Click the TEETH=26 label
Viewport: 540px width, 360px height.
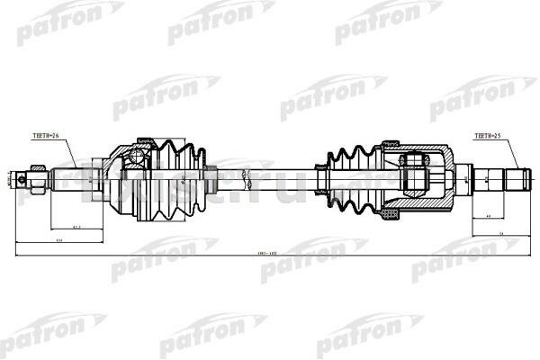pos(45,136)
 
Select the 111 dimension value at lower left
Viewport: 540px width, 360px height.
pos(59,242)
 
